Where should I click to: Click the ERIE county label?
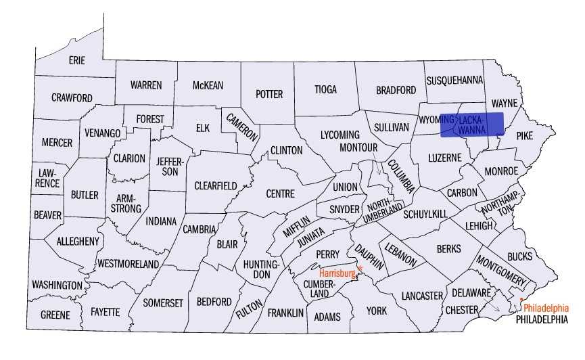[x=77, y=61]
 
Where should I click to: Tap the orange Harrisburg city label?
[x=337, y=273]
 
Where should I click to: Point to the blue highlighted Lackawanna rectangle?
[x=472, y=125]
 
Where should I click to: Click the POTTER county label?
[x=268, y=94]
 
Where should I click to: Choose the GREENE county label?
[x=55, y=315]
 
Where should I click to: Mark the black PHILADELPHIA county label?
[x=541, y=319]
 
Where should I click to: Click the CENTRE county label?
[x=280, y=194]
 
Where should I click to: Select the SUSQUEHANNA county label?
[x=454, y=80]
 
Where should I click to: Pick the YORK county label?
[x=377, y=311]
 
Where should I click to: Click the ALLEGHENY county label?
[x=78, y=241]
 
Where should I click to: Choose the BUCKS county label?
[x=519, y=256]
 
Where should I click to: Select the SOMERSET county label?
[x=162, y=303]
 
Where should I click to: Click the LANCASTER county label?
[x=421, y=296]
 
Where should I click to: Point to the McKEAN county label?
[x=208, y=85]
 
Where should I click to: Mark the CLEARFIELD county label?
[x=215, y=185]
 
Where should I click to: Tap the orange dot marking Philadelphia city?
[x=521, y=299]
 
